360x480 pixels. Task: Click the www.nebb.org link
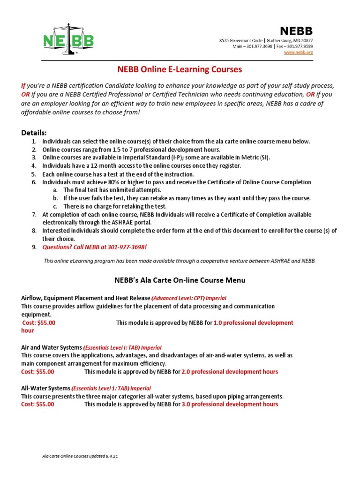298,52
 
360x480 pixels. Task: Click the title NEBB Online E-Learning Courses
179,70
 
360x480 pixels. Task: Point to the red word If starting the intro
23,86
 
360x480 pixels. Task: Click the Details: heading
34,133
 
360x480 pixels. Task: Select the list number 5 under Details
34,174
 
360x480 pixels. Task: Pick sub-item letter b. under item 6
55,198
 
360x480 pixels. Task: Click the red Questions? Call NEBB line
97,247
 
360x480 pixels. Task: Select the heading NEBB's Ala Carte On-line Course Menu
180,280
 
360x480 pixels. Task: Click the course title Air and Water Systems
52,347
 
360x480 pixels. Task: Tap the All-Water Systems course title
45,388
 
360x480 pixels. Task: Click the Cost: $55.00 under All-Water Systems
38,405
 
